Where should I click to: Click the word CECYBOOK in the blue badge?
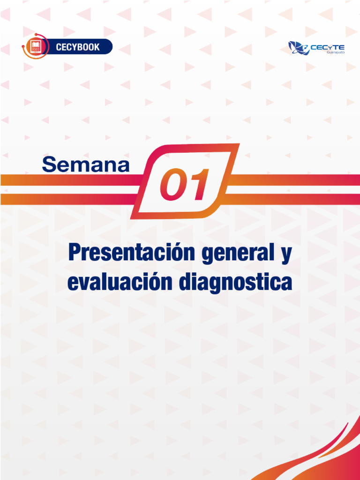click(x=78, y=47)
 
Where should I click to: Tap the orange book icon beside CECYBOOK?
click(x=36, y=46)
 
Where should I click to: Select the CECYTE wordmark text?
click(x=327, y=47)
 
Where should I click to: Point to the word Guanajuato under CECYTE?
click(x=336, y=52)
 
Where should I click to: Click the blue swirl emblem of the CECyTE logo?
click(x=299, y=48)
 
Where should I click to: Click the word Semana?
click(x=86, y=165)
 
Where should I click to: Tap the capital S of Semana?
click(x=49, y=165)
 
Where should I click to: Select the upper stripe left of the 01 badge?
click(x=72, y=180)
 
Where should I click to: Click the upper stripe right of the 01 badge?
click(x=294, y=180)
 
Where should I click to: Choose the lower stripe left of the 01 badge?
click(x=68, y=199)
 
